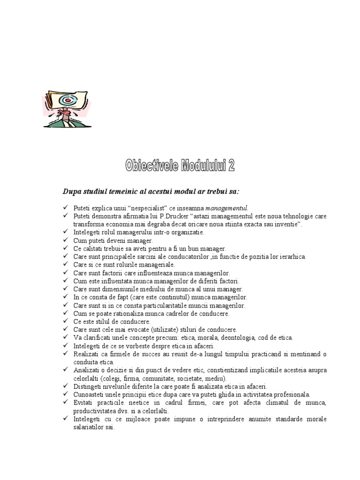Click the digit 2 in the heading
point(230,165)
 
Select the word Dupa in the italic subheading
point(73,191)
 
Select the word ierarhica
point(292,256)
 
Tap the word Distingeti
point(88,386)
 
